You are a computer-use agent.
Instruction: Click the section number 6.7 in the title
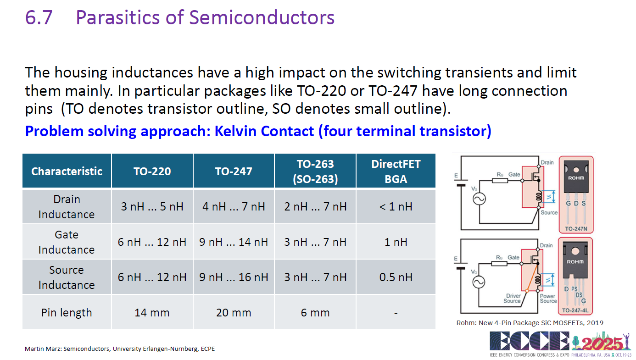click(39, 17)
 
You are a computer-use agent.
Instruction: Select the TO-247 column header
click(234, 172)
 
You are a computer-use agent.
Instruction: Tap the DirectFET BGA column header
click(396, 172)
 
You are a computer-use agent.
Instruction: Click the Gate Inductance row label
click(67, 242)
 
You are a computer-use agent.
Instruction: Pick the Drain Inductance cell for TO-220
click(152, 206)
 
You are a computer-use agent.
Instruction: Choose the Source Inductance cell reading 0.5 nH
click(396, 277)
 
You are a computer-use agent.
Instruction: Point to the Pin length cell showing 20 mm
click(234, 313)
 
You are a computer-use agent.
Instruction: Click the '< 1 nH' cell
click(396, 206)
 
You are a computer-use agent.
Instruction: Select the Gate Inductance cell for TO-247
click(234, 242)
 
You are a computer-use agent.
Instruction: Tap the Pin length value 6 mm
click(315, 313)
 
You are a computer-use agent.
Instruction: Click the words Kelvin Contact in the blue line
click(264, 131)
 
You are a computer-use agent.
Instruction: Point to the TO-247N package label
click(576, 229)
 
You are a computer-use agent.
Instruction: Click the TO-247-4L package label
click(575, 310)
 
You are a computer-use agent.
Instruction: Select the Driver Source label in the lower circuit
click(513, 298)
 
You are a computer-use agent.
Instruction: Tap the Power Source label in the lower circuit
click(548, 298)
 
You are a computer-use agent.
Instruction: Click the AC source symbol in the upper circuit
click(479, 199)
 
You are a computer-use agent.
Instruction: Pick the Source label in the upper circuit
click(549, 212)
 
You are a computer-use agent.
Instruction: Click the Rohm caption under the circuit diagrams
click(530, 323)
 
